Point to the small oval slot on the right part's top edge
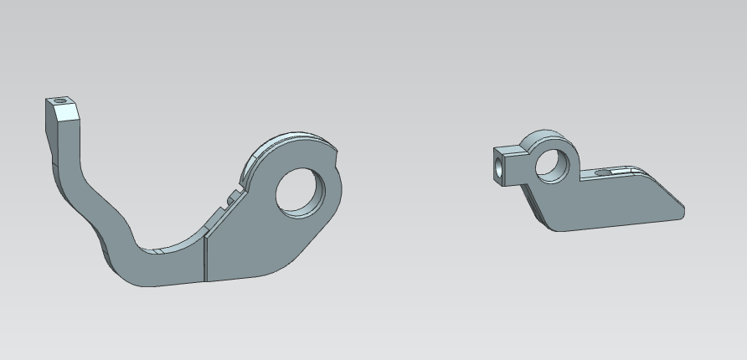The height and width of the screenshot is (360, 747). [602, 172]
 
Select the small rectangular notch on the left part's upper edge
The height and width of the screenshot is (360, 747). [229, 200]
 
